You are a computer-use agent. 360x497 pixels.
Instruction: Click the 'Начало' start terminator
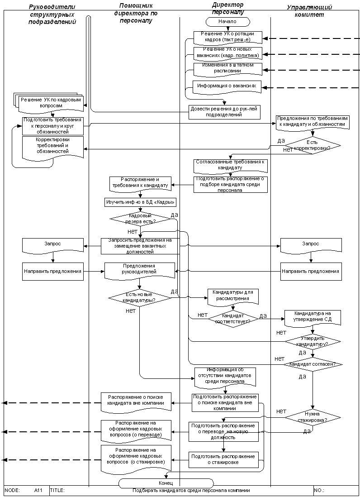pyautogui.click(x=227, y=21)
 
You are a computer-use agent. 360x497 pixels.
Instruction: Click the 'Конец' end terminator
pyautogui.click(x=166, y=483)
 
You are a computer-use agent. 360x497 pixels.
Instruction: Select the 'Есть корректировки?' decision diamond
pyautogui.click(x=312, y=145)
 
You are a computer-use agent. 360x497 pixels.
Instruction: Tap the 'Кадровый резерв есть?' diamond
pyautogui.click(x=140, y=219)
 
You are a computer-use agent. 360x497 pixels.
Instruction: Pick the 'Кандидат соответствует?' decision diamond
pyautogui.click(x=233, y=317)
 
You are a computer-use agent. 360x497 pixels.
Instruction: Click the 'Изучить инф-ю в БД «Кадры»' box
pyautogui.click(x=140, y=202)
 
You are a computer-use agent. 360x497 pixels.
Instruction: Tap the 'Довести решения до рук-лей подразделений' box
pyautogui.click(x=225, y=111)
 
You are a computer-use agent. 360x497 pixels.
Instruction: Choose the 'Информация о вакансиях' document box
pyautogui.click(x=227, y=86)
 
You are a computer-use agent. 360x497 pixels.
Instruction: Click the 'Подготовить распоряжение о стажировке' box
pyautogui.click(x=224, y=459)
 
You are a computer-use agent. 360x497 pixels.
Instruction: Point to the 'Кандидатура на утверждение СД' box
pyautogui.click(x=312, y=317)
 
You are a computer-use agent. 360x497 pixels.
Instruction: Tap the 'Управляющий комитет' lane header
pyautogui.click(x=310, y=11)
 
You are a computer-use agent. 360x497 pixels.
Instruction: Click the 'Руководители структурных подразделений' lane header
pyautogui.click(x=52, y=14)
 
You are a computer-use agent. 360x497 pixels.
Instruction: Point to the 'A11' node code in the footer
pyautogui.click(x=38, y=490)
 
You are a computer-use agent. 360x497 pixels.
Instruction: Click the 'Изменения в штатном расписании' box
pyautogui.click(x=227, y=68)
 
